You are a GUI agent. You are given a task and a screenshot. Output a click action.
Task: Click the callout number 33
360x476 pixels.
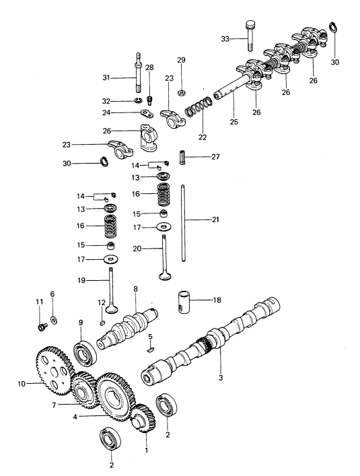tap(225, 39)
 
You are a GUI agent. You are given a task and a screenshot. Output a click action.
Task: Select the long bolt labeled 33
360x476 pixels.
tap(250, 36)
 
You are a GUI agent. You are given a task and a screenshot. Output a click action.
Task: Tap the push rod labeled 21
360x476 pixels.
tap(183, 223)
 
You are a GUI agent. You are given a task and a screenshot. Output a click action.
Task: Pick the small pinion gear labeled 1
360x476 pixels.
tap(143, 418)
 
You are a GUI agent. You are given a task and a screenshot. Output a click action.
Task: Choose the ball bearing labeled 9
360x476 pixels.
tap(85, 354)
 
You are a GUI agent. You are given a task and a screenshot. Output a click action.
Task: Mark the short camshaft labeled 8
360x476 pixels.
tap(127, 328)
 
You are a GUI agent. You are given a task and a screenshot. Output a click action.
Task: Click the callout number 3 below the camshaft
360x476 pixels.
tap(221, 378)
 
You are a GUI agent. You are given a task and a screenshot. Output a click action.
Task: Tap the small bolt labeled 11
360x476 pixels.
tap(42, 327)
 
